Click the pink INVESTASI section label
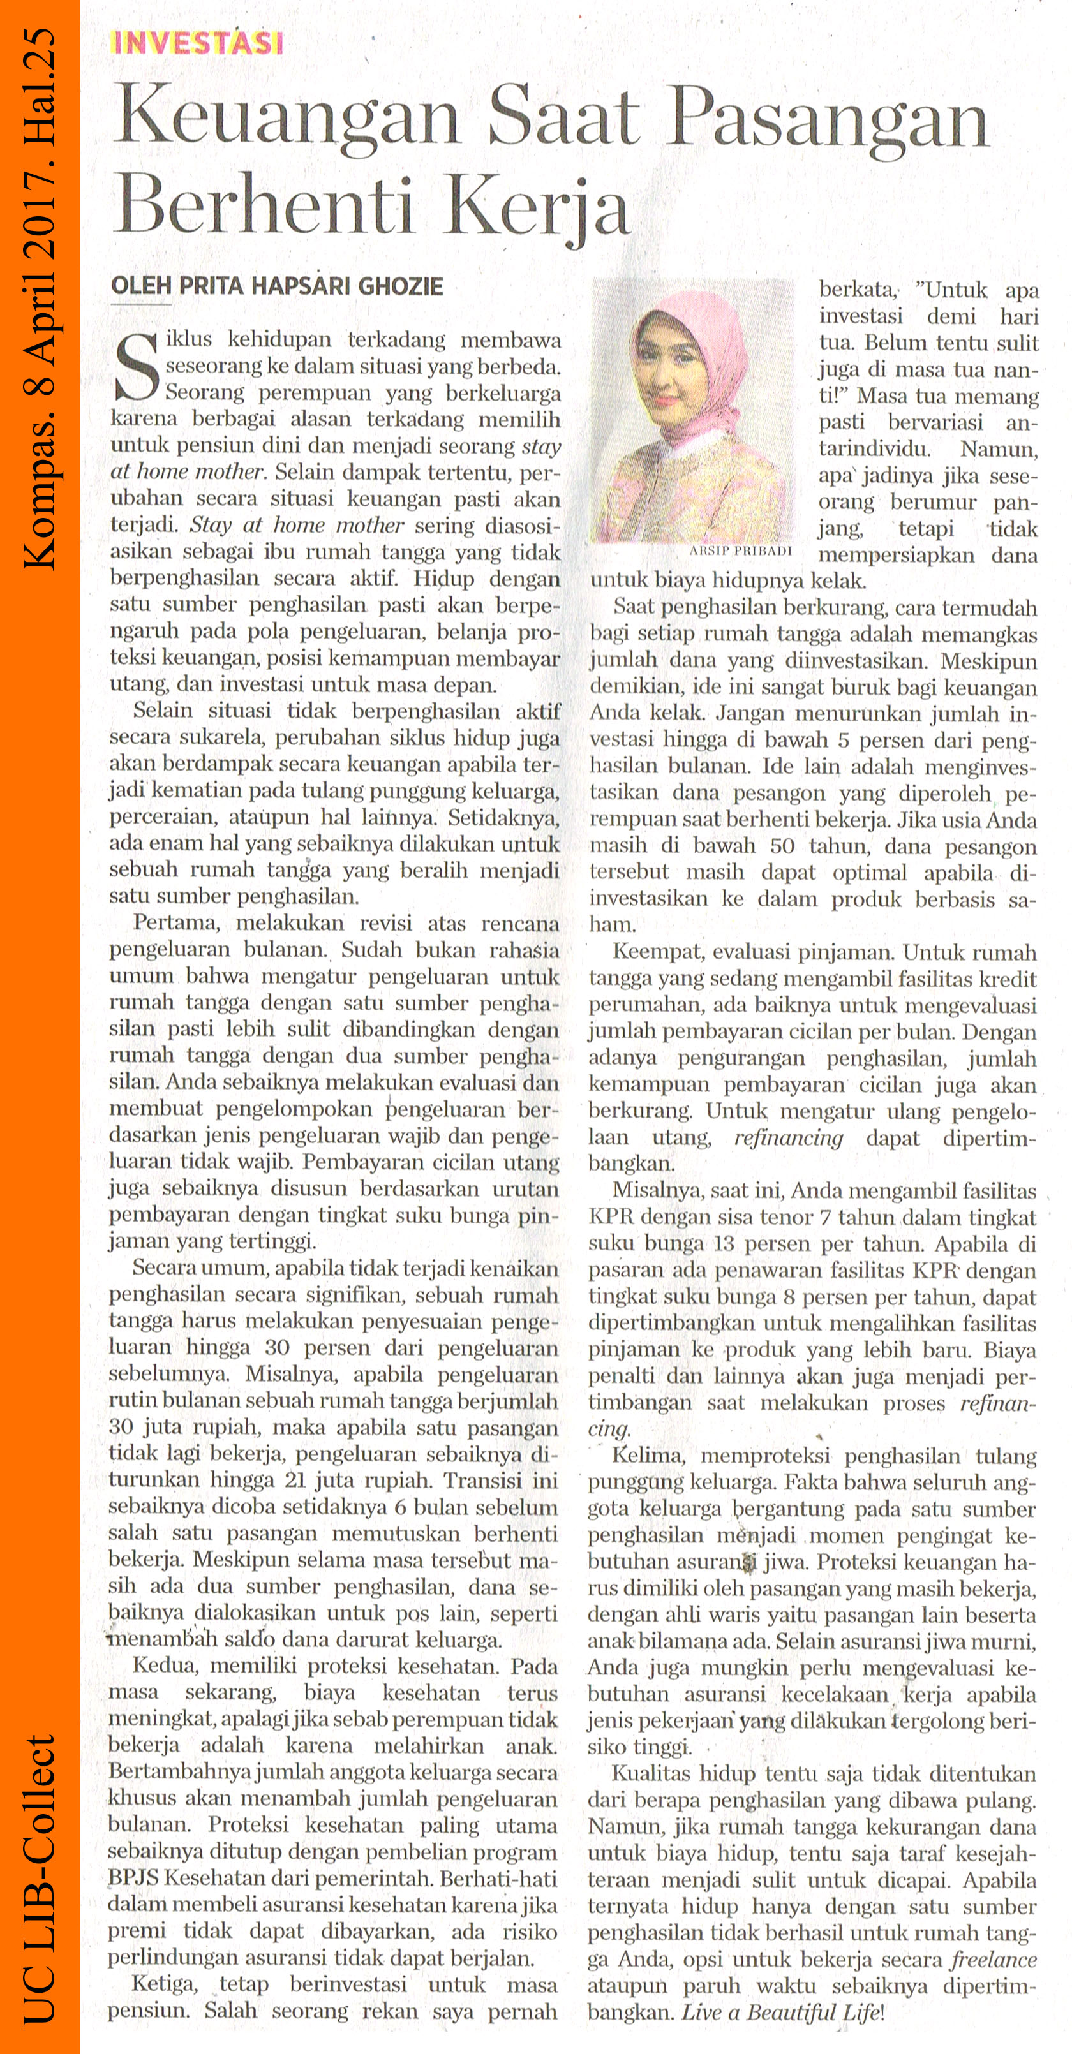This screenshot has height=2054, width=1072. tap(198, 42)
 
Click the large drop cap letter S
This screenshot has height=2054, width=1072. tap(137, 369)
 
